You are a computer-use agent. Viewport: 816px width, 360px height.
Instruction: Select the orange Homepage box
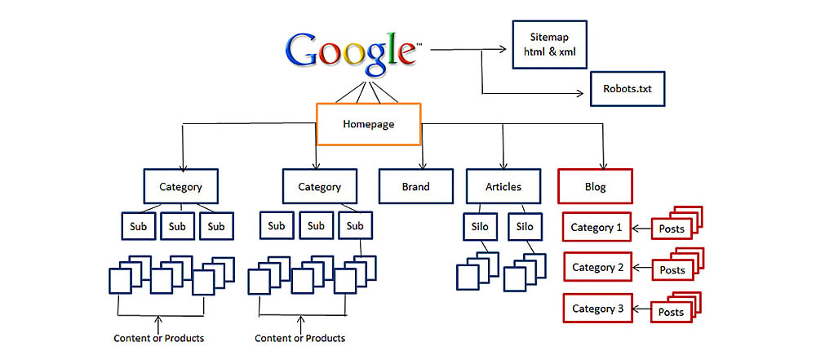(368, 124)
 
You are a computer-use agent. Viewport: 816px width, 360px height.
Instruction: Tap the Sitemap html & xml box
(548, 45)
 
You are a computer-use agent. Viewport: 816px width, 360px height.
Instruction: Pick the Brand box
(415, 186)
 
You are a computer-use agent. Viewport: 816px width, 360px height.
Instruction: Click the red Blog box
(596, 186)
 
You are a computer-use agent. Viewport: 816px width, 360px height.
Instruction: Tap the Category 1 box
(597, 228)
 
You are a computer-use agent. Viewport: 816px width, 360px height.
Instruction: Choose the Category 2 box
(597, 268)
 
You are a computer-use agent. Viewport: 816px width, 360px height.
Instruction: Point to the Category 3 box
(597, 309)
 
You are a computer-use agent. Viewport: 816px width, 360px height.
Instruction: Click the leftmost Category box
(180, 186)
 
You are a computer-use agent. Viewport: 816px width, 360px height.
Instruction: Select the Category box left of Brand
(319, 186)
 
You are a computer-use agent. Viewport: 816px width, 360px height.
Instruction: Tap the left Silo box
(479, 226)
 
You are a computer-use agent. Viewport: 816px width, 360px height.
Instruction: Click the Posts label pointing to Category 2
(672, 270)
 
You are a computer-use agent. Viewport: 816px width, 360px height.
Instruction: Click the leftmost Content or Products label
(159, 338)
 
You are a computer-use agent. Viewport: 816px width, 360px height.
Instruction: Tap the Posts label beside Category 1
(672, 229)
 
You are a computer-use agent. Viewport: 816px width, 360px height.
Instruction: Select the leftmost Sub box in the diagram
(138, 226)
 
